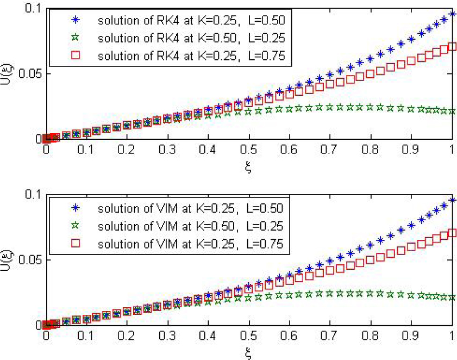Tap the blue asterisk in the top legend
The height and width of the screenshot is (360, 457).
tap(74, 21)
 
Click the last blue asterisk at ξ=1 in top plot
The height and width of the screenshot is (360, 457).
tap(452, 14)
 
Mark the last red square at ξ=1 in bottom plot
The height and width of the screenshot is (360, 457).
tap(452, 233)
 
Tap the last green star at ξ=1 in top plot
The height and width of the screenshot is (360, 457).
tap(452, 111)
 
